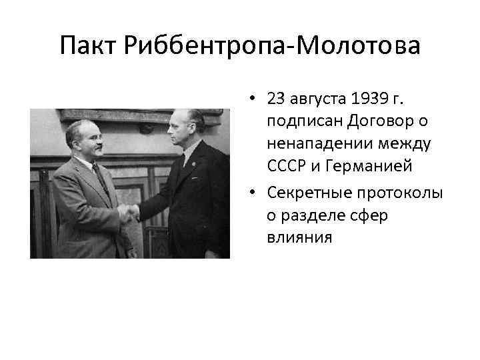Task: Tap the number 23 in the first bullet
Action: coord(275,99)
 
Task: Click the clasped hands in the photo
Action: coord(129,213)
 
